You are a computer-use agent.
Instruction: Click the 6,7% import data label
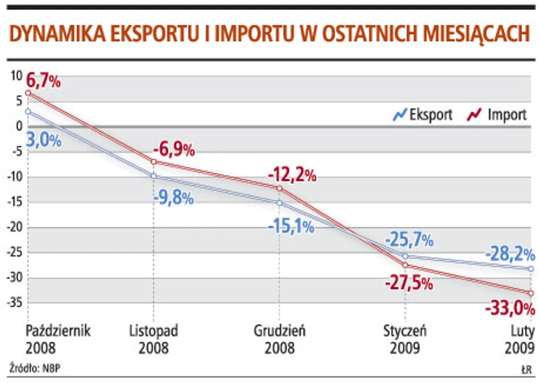coord(44,83)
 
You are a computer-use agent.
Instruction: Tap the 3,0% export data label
coord(44,140)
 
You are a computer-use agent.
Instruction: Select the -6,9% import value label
coord(173,148)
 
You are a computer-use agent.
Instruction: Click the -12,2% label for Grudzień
coord(291,176)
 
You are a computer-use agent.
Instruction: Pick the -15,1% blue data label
coord(291,226)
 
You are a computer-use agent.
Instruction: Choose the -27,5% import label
coord(408,282)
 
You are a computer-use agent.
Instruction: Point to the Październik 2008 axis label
coord(58,339)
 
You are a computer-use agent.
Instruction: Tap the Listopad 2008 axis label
coord(153,339)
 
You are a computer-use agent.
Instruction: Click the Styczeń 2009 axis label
coord(405,339)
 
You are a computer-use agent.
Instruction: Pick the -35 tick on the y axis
coord(13,303)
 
